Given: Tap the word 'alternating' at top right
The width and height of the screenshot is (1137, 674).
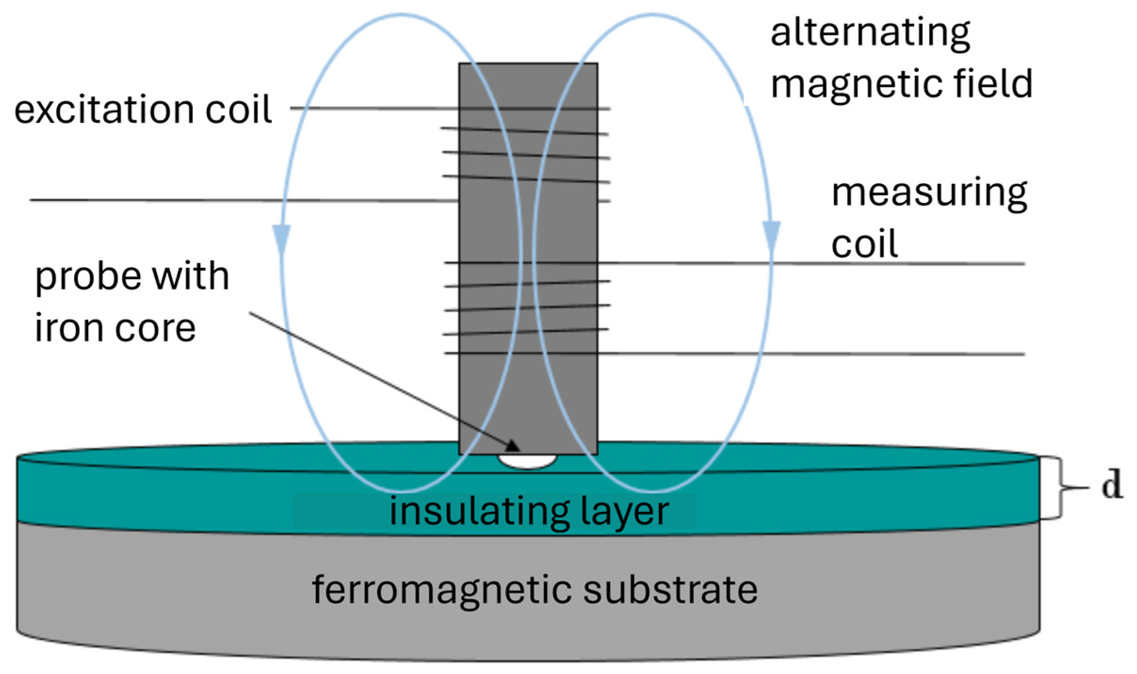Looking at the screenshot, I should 870,34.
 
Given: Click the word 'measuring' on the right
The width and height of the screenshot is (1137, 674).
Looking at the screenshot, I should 929,193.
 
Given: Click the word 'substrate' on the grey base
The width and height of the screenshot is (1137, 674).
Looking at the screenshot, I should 670,590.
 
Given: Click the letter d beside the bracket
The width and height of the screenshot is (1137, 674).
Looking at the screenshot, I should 1112,484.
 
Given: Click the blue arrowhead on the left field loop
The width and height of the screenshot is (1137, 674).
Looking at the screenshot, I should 282,240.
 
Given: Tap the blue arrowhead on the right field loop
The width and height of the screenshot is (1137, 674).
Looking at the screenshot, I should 771,236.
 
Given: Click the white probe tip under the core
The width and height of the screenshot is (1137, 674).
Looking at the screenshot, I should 527,461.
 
